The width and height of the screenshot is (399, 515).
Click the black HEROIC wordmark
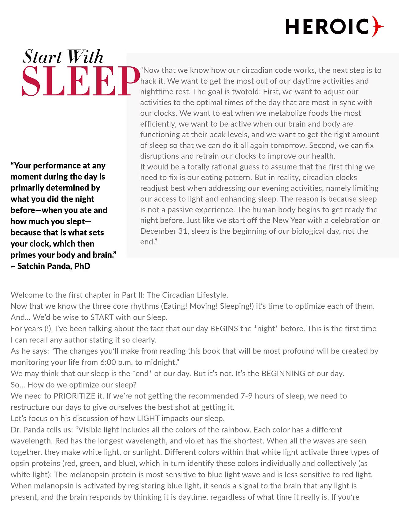pyautogui.click(x=327, y=26)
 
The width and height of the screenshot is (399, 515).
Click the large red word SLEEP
pyautogui.click(x=80, y=81)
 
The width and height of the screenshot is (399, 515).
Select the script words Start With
pyautogui.click(x=63, y=57)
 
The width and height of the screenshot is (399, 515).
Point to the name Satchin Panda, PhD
pyautogui.click(x=54, y=266)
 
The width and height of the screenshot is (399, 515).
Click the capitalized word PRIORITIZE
pyautogui.click(x=75, y=396)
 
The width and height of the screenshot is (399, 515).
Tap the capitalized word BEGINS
pyautogui.click(x=224, y=329)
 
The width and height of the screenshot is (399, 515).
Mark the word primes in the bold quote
pyautogui.click(x=23, y=255)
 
